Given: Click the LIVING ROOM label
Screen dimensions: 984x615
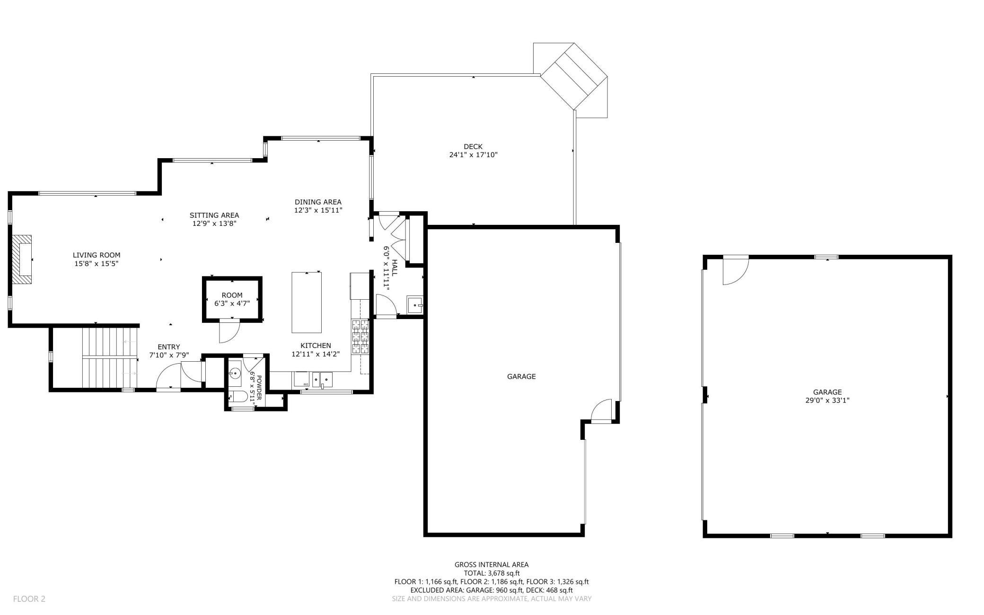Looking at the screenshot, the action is pos(97,255).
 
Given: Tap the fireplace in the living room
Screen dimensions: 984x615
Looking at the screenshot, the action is pos(22,259).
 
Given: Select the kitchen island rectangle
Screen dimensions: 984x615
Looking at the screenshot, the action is pos(307,303).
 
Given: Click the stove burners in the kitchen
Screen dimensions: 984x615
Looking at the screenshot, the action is pos(360,337).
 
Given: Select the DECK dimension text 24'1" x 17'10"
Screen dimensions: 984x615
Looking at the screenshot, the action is pos(473,155).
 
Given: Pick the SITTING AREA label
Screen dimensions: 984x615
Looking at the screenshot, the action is pos(214,215).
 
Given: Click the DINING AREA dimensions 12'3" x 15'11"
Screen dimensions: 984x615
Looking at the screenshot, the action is pos(318,210).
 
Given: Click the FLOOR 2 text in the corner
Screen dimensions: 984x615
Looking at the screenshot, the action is pos(29,599).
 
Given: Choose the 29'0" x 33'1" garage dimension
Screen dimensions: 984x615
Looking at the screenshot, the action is pos(827,400).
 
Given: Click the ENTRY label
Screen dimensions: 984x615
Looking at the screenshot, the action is pos(169,347).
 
